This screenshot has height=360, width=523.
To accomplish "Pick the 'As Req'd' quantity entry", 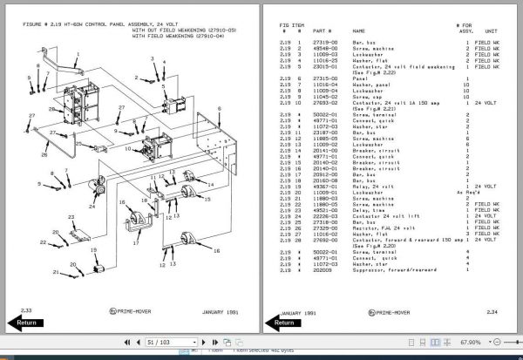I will pyautogui.click(x=468, y=193).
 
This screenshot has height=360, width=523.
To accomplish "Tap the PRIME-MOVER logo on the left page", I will pyautogui.click(x=129, y=309).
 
